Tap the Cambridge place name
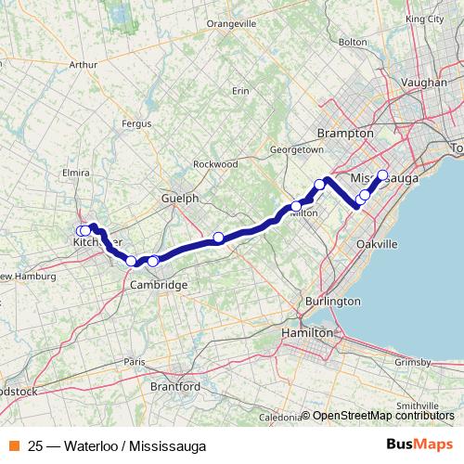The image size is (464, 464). tap(163, 284)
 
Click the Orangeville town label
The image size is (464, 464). tap(232, 22)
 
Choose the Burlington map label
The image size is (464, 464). tap(331, 302)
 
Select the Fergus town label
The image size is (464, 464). tap(162, 122)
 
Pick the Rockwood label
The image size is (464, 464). tap(215, 164)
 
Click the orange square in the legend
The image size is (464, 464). tap(15, 445)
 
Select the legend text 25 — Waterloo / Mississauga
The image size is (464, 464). tap(117, 445)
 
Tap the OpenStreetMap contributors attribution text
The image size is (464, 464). tap(385, 416)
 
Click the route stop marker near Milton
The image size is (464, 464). tap(297, 207)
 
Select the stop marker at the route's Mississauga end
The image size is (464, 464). tap(382, 174)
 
